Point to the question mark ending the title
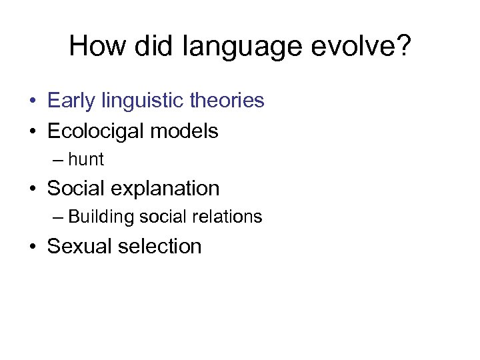(x=403, y=47)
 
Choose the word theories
(x=227, y=101)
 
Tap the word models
(x=185, y=131)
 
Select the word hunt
(x=86, y=160)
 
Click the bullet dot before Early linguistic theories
(x=32, y=101)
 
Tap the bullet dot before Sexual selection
(x=32, y=247)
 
